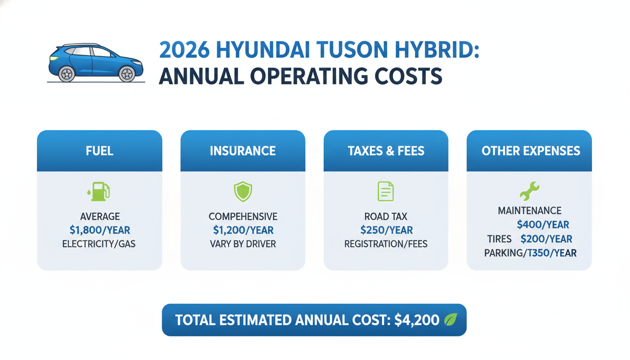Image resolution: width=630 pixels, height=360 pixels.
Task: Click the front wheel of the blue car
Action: tap(127, 74)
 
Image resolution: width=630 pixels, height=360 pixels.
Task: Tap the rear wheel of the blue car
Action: tap(67, 74)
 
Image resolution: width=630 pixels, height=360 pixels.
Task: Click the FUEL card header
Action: tap(99, 151)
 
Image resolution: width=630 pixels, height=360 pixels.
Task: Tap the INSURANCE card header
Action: tap(243, 151)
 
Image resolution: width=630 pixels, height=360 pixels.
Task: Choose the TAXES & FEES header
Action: tap(386, 151)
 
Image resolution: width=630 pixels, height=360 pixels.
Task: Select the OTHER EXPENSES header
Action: tap(531, 151)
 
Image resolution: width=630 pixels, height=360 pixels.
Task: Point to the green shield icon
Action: tap(243, 192)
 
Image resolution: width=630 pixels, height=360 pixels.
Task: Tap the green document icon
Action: tap(386, 191)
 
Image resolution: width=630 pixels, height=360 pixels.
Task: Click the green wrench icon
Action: tap(530, 191)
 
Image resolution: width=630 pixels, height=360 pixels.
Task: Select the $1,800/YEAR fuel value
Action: tap(99, 230)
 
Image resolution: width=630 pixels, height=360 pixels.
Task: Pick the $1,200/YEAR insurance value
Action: tap(243, 230)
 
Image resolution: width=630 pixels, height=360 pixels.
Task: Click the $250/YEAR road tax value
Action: tap(386, 230)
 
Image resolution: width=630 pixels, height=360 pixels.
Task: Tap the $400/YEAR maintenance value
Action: tap(543, 225)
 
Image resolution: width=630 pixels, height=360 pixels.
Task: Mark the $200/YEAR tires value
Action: tap(546, 239)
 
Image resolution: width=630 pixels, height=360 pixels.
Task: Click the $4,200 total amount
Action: tap(417, 320)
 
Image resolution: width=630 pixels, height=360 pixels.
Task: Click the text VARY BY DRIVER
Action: tap(243, 244)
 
